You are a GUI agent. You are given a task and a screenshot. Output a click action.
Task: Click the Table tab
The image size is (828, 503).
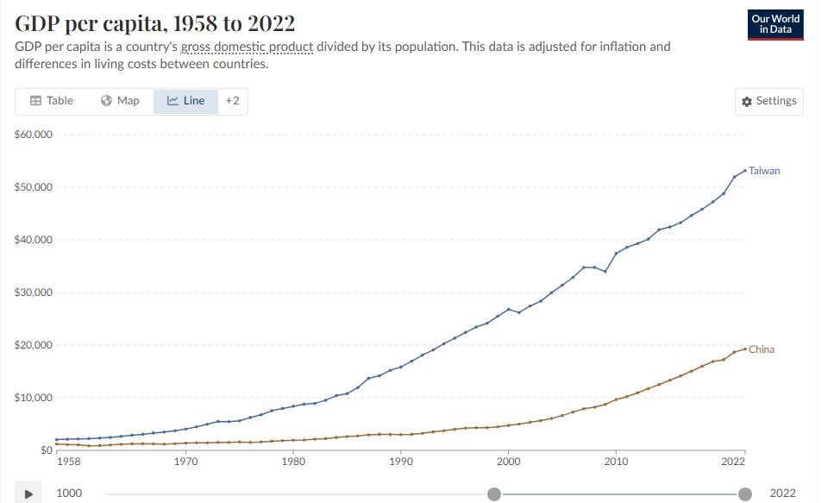point(52,101)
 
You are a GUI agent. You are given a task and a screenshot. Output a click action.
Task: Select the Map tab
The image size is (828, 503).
point(120,101)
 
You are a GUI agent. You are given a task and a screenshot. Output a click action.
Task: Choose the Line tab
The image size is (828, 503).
point(185,101)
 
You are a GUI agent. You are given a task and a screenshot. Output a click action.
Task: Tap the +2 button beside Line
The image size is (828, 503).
point(232,101)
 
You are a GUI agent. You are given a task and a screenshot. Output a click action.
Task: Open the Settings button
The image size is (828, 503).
point(769,101)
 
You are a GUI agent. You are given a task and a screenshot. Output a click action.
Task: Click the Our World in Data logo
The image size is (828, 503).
point(775,25)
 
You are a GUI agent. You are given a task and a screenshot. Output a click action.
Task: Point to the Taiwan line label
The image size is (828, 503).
point(764,171)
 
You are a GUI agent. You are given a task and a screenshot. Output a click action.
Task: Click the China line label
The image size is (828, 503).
point(762,349)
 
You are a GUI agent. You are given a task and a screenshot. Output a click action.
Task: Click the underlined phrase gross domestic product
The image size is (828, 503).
point(247,47)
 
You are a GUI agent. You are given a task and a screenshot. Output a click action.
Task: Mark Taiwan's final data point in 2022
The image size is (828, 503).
point(745,170)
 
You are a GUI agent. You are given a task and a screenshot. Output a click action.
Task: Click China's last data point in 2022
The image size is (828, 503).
point(745,349)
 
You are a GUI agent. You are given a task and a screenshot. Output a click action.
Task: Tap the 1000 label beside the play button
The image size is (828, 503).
point(70,494)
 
